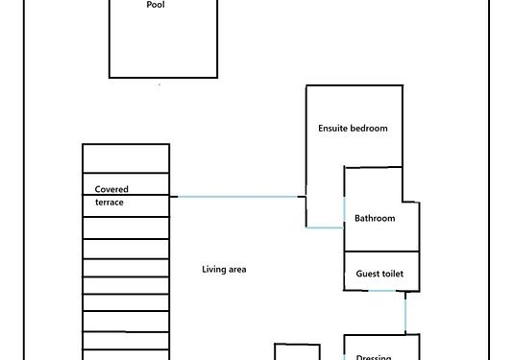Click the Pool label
tap(156, 5)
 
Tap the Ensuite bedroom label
tap(353, 128)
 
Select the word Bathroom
tap(375, 218)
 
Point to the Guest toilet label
tap(379, 274)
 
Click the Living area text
tap(224, 270)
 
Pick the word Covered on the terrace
tap(111, 189)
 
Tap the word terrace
tap(110, 203)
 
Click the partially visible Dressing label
tap(374, 357)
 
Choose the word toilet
tap(392, 274)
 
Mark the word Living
tap(211, 270)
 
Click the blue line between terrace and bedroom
tap(237, 197)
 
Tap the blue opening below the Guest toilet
tap(382, 291)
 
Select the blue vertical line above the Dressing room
tap(405, 315)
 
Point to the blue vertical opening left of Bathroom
tap(344, 212)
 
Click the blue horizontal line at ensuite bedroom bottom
tap(325, 228)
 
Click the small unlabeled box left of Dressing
tap(297, 351)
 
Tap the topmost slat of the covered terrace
tap(126, 158)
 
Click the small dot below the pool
tap(159, 84)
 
